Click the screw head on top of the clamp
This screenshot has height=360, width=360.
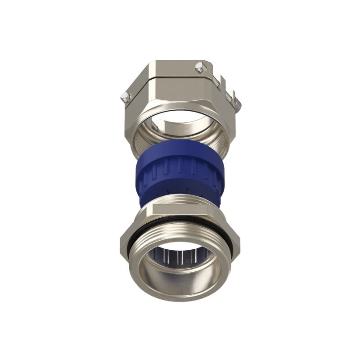pyautogui.click(x=199, y=68)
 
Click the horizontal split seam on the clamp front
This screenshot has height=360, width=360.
pyautogui.click(x=180, y=77)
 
